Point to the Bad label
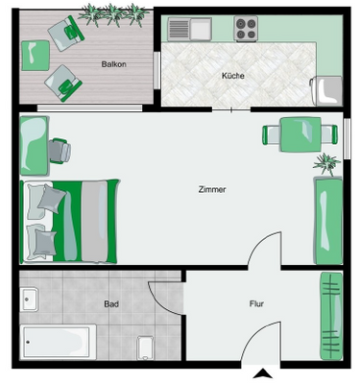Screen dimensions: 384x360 [111, 304]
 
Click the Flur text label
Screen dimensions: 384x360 [256, 304]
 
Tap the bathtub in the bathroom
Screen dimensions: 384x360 [58, 340]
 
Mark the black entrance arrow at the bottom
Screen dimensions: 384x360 [259, 375]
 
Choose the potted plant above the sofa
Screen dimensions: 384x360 [326, 161]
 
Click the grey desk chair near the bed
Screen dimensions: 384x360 [60, 150]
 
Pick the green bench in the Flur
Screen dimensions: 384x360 [331, 312]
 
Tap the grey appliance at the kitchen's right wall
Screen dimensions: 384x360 [326, 91]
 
